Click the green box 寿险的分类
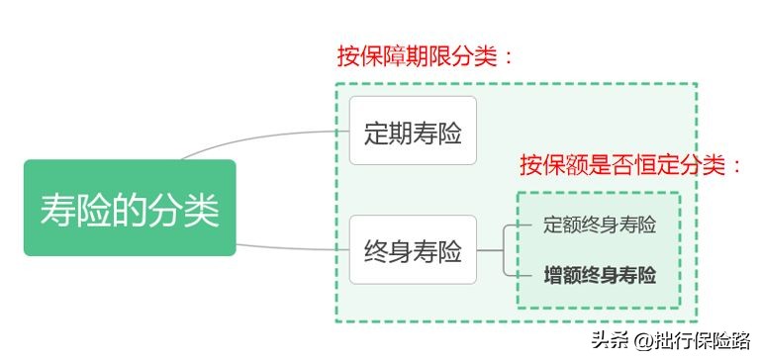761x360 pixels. coord(130,209)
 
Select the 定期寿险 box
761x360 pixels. coord(412,132)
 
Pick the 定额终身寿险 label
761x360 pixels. coord(600,225)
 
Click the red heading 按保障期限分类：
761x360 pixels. coord(426,56)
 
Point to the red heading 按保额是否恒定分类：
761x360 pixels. coord(630,164)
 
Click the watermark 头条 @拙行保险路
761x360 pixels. coord(670,341)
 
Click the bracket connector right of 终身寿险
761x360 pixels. coord(506,250)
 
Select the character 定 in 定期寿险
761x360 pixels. coord(376,133)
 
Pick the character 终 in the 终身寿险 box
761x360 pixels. coord(376,252)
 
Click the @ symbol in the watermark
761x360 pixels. coord(641,342)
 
